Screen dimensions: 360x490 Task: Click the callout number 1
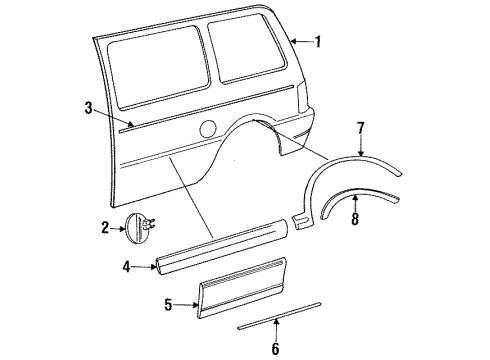[319, 42]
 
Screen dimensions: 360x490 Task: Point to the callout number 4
[126, 265]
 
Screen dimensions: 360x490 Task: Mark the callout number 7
[361, 127]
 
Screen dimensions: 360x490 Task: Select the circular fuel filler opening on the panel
[209, 127]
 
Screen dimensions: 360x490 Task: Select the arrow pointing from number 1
[301, 42]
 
